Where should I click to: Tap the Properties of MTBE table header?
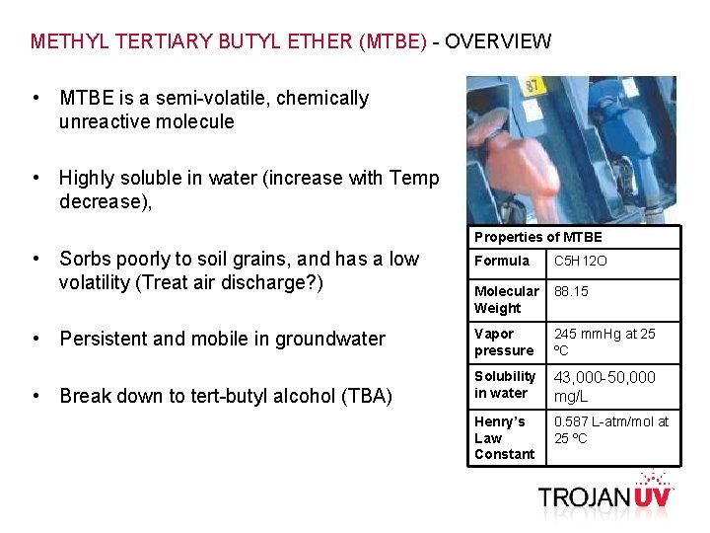click(537, 237)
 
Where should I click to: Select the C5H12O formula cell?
click(581, 262)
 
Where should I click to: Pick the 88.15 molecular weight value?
click(571, 291)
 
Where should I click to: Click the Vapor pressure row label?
click(504, 342)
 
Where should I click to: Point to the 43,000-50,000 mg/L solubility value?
click(603, 386)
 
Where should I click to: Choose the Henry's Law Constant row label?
click(504, 437)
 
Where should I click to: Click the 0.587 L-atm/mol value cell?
click(610, 429)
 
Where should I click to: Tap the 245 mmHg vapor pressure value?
click(603, 342)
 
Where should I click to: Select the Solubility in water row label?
click(504, 384)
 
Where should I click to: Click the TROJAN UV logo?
click(604, 495)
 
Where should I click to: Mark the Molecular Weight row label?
click(506, 299)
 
